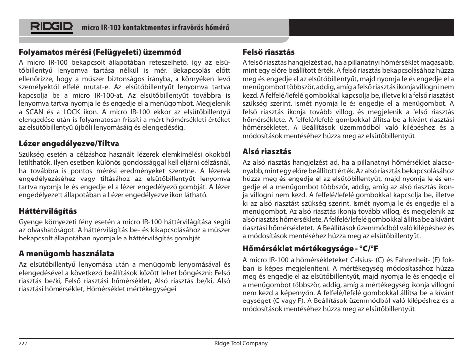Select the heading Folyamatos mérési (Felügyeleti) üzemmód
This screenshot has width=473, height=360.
[100, 52]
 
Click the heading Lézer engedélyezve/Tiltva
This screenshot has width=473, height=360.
[69, 144]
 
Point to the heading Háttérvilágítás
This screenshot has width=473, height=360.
[48, 211]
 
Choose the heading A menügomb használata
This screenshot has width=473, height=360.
[66, 254]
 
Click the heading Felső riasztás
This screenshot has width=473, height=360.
[268, 52]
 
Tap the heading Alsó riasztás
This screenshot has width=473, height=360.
[267, 152]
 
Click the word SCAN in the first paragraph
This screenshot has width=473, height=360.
[35, 112]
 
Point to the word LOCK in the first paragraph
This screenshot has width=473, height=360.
[73, 112]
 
